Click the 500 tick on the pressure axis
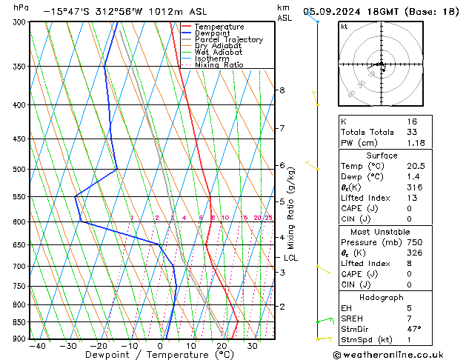tap(17, 170)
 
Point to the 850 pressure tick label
tap(17, 322)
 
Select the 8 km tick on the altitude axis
tap(282, 90)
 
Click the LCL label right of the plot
tap(291, 258)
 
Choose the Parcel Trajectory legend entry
tap(228, 40)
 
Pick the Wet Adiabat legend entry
tap(218, 53)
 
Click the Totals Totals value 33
tap(411, 132)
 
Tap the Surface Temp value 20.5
tap(415, 167)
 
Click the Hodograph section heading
tap(382, 296)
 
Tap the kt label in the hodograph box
tap(344, 26)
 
